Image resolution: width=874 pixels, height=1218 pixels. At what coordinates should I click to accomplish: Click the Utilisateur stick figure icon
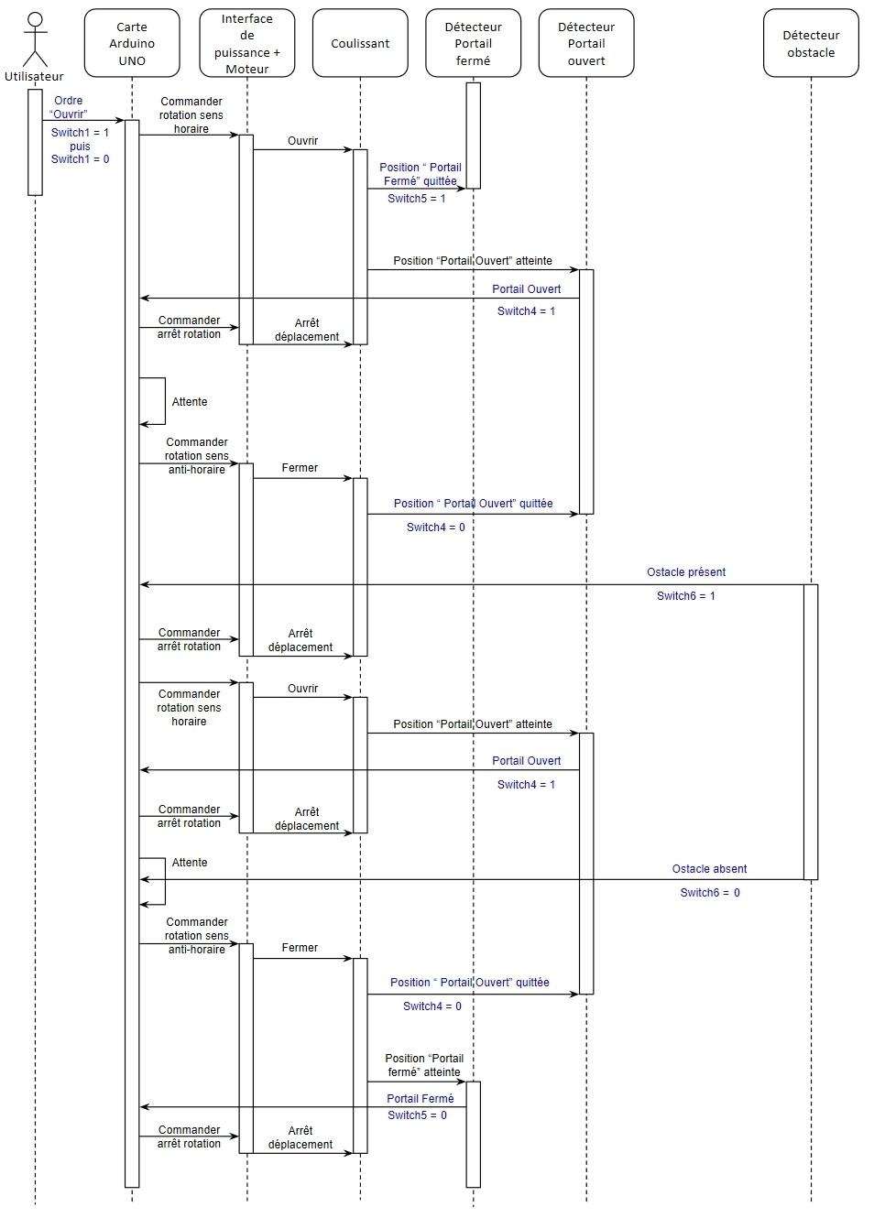[x=36, y=39]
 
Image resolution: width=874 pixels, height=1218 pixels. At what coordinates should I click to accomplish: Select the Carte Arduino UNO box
[x=132, y=43]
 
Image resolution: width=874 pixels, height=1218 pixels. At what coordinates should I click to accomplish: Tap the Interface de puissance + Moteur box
[x=247, y=43]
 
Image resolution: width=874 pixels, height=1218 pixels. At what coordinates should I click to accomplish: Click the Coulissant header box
[x=360, y=43]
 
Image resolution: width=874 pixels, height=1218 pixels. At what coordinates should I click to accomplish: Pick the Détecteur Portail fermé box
[x=473, y=43]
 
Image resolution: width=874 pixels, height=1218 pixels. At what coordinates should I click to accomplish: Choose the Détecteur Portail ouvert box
[x=586, y=43]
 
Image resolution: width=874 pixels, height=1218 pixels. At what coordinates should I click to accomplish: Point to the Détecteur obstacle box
[x=811, y=43]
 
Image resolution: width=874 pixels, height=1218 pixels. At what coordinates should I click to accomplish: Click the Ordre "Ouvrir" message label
[x=69, y=107]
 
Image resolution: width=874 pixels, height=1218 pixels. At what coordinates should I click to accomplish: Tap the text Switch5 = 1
[x=417, y=199]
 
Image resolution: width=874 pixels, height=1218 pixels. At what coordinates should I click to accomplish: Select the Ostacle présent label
[x=686, y=572]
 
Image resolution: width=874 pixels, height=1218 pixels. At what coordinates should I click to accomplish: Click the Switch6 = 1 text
[x=686, y=596]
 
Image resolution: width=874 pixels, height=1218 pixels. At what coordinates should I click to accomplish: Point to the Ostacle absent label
[x=709, y=869]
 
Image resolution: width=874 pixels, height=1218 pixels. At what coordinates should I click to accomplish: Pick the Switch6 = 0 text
[x=710, y=893]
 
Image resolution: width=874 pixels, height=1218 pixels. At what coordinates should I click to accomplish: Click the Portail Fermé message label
[x=421, y=1098]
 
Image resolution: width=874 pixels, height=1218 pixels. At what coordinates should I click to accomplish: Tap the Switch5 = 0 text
[x=417, y=1115]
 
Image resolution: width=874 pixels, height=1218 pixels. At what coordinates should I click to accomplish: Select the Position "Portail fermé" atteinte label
[x=424, y=1065]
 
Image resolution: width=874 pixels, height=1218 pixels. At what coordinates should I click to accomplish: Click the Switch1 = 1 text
[x=80, y=132]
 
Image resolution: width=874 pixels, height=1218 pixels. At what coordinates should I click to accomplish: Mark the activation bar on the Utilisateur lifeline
[x=36, y=143]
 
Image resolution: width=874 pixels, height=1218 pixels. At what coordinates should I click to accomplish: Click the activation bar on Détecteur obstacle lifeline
[x=811, y=732]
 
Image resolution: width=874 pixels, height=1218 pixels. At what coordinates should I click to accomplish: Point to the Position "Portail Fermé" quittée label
[x=421, y=174]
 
